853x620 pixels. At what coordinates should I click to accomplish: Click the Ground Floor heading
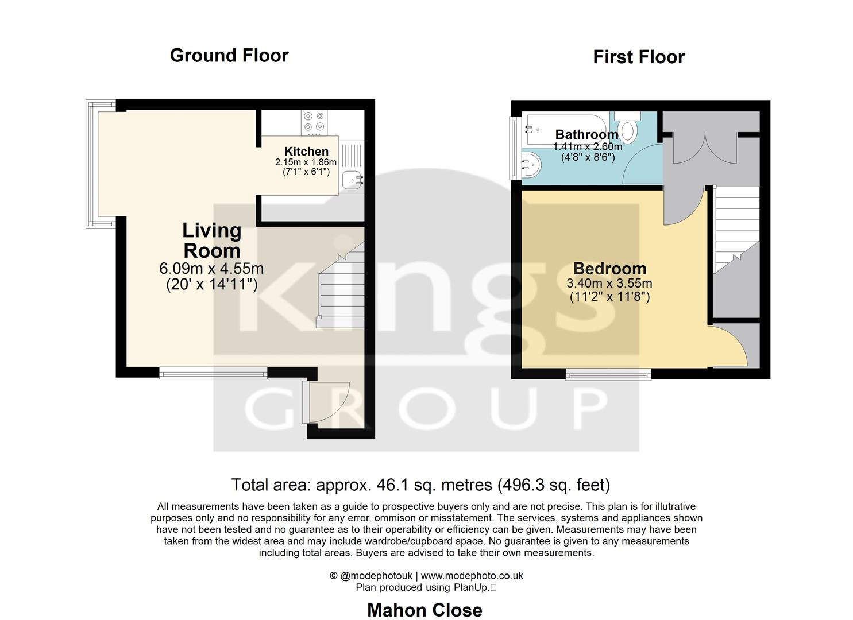(229, 56)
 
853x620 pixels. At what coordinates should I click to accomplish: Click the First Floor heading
(638, 57)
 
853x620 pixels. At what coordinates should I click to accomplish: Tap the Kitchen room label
(306, 152)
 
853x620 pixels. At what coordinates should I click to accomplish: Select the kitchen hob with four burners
(314, 122)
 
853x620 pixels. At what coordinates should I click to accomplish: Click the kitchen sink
(352, 180)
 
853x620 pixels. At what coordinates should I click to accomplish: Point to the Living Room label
(211, 241)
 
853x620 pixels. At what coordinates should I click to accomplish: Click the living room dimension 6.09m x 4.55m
(211, 269)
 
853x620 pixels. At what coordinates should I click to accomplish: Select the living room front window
(213, 374)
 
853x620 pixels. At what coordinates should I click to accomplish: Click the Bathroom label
(586, 134)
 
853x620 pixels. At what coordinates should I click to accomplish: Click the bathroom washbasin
(531, 165)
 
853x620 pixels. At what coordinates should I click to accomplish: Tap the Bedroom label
(609, 269)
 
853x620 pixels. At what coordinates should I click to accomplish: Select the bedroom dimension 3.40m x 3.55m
(609, 284)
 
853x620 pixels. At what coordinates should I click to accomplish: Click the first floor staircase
(736, 230)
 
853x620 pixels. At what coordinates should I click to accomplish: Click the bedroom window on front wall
(608, 375)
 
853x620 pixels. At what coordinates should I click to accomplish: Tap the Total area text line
(420, 485)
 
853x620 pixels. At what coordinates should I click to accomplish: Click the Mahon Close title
(424, 610)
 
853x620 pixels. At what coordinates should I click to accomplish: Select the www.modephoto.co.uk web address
(472, 576)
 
